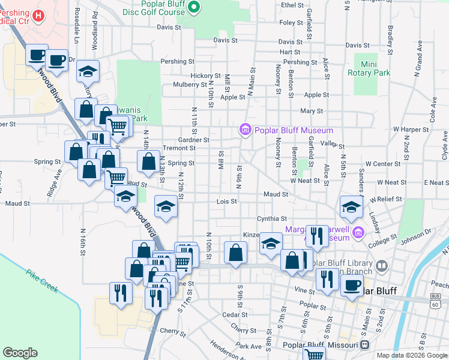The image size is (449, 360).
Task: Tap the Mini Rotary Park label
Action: [369, 68]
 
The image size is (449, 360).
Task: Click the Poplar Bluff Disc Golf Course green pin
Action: [193, 7]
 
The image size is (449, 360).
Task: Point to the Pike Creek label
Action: [41, 281]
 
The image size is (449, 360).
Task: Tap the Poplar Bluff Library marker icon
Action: [382, 265]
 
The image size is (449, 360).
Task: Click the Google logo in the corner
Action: [20, 353]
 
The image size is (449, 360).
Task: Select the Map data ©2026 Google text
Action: [411, 355]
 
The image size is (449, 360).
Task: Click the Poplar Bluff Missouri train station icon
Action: [364, 345]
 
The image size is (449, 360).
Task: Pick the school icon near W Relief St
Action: [351, 207]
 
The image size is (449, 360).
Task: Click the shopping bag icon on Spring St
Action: [148, 161]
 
